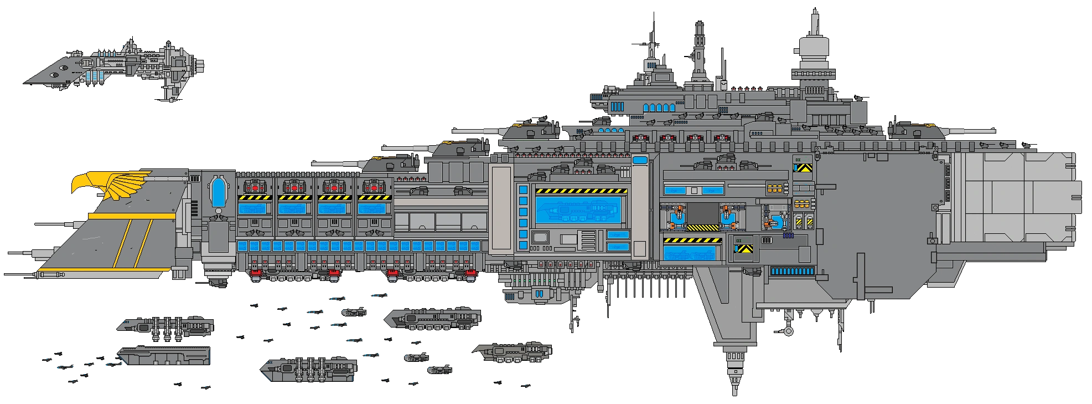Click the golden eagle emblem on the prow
111,185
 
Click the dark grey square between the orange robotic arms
702,213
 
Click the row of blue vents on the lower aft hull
793,272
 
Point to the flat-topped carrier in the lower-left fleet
165,355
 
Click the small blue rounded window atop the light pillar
640,161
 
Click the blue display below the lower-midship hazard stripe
692,254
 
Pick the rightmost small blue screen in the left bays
374,209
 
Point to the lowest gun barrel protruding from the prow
19,273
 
